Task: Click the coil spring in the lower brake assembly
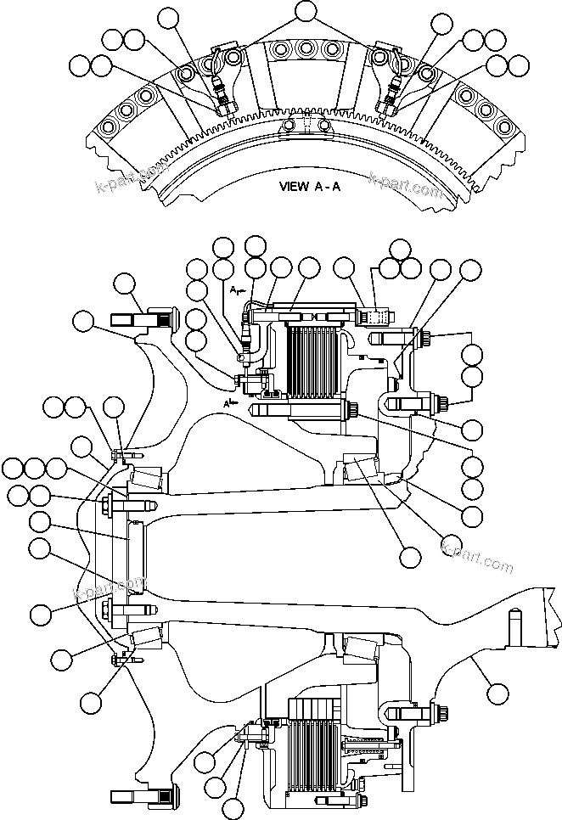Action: tap(368, 748)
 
